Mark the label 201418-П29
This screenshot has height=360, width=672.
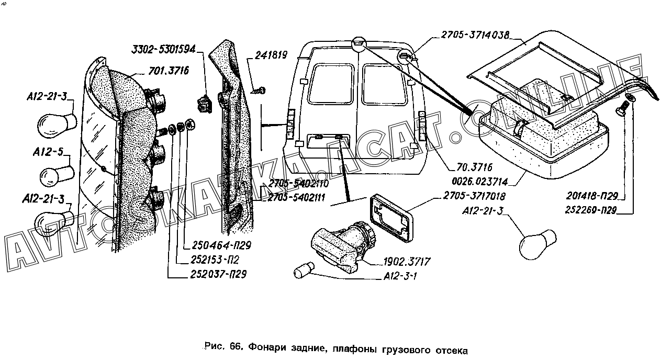click(x=592, y=196)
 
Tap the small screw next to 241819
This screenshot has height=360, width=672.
click(x=259, y=91)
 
